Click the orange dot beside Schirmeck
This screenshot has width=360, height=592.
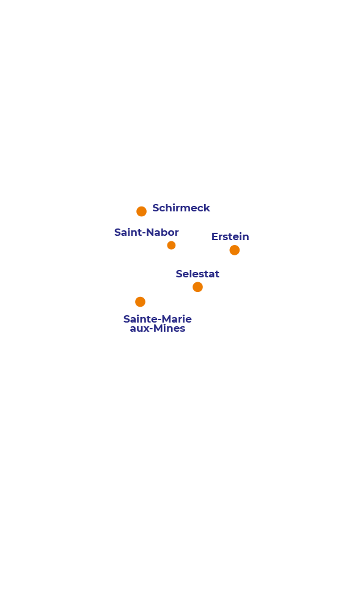pos(141,211)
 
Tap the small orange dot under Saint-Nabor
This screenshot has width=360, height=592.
pos(171,246)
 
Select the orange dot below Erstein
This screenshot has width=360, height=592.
pos(235,250)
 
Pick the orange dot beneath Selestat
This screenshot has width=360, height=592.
pos(197,287)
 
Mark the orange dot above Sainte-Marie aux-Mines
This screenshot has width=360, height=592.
pos(140,302)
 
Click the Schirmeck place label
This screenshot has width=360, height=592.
pos(181,208)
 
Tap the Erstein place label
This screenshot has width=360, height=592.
pos(230,236)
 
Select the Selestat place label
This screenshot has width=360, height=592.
pos(197,274)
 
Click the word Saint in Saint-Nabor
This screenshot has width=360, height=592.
pos(127,232)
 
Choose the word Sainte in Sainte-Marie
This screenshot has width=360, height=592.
pos(141,319)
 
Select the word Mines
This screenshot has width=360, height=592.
pos(169,329)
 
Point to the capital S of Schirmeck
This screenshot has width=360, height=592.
pos(156,208)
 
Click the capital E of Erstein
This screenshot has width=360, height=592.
pos(215,236)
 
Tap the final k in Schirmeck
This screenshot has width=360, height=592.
pos(207,208)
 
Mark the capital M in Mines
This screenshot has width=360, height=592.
pos(158,329)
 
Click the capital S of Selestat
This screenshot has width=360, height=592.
pos(180,274)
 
